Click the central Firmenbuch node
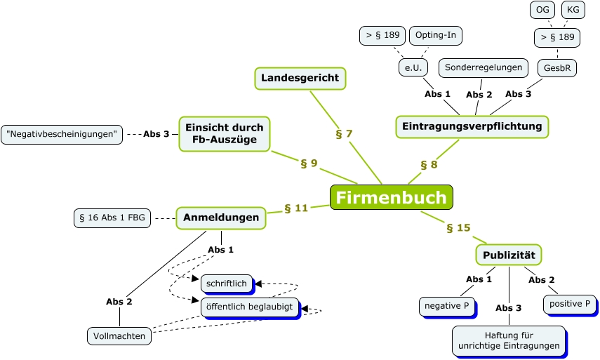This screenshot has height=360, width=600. [391, 197]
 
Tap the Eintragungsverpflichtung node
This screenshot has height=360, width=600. [472, 126]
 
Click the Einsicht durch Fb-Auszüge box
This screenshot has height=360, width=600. [225, 133]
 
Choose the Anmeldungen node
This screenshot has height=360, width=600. [221, 218]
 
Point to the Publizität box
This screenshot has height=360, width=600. [509, 254]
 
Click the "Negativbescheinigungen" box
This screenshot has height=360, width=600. [62, 133]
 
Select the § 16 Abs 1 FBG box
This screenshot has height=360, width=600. [112, 218]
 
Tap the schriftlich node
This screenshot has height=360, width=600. [227, 284]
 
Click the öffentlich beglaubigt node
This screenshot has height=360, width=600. [250, 307]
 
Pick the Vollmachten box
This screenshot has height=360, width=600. [120, 336]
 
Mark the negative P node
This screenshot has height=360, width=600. [446, 306]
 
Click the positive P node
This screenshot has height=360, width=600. [569, 303]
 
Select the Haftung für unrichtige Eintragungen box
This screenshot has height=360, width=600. [509, 340]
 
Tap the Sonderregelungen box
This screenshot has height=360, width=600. [484, 67]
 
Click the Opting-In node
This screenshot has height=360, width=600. [436, 35]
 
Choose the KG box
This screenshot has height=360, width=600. [573, 10]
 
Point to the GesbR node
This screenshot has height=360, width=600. [557, 68]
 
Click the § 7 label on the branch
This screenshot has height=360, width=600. [344, 133]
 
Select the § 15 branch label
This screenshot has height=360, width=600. [458, 227]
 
